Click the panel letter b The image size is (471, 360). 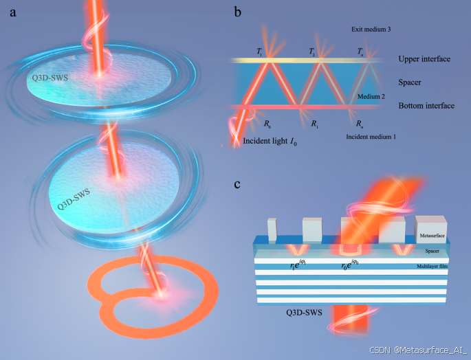237,12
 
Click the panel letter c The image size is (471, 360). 237,184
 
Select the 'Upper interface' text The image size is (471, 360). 424,60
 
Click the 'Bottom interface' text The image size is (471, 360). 426,106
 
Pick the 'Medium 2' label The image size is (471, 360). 372,97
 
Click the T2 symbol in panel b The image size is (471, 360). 312,52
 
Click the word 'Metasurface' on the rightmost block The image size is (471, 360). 431,236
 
